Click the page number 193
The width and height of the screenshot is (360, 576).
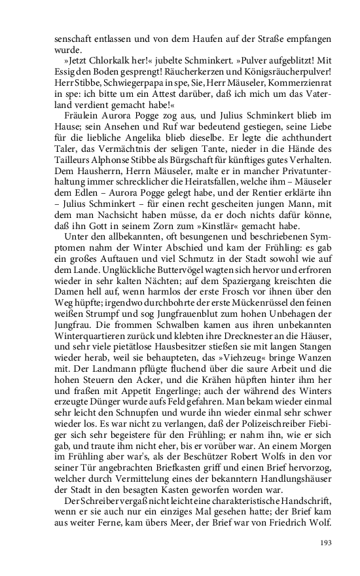pos(325,542)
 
